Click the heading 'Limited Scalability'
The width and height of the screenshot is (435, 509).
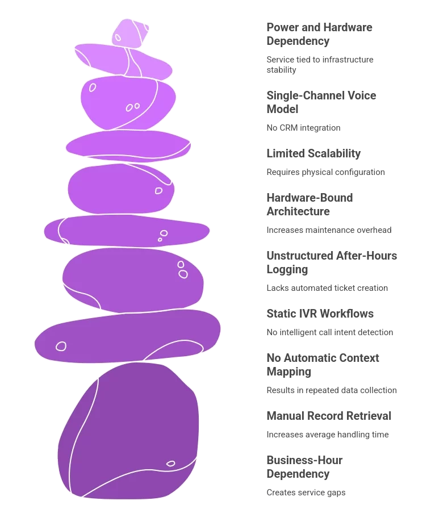coord(313,153)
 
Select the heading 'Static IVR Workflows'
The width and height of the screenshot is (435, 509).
coord(320,314)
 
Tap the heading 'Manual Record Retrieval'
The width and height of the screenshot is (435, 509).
coord(329,416)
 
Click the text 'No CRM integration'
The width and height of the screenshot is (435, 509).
coord(303,128)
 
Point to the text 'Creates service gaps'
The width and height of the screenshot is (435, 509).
coord(306,493)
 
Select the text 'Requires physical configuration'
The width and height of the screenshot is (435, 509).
coord(325,172)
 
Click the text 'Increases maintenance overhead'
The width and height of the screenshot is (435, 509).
coord(329,230)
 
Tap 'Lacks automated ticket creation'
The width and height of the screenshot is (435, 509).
coord(327,288)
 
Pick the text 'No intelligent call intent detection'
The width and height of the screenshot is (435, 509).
coord(329,332)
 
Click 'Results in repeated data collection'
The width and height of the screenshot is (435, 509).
coord(332,390)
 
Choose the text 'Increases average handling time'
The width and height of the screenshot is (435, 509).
coord(328,435)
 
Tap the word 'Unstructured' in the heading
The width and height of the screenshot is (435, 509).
coord(300,256)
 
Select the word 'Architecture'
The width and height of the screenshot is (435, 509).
coord(298,212)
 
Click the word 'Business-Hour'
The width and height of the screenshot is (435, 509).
coord(304,460)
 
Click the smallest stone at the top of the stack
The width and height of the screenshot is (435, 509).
coord(130,33)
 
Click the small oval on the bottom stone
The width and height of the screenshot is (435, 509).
coord(171,464)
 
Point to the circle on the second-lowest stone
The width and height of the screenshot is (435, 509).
coord(61,347)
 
